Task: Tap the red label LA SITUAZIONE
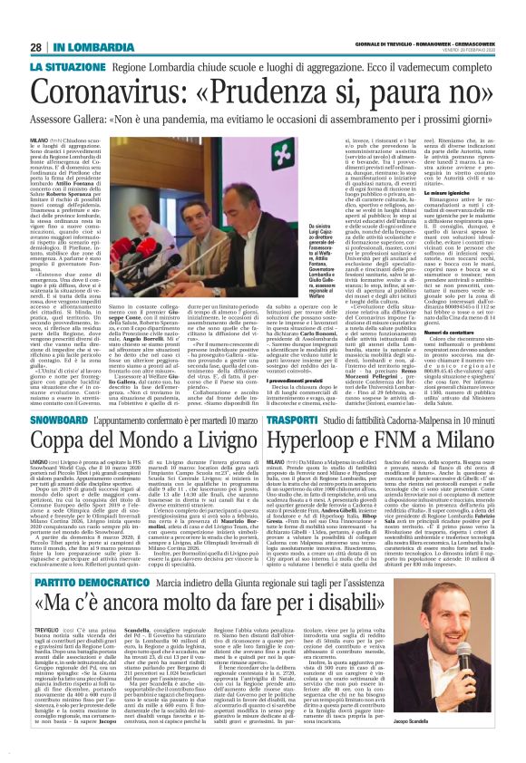(x=67, y=67)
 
